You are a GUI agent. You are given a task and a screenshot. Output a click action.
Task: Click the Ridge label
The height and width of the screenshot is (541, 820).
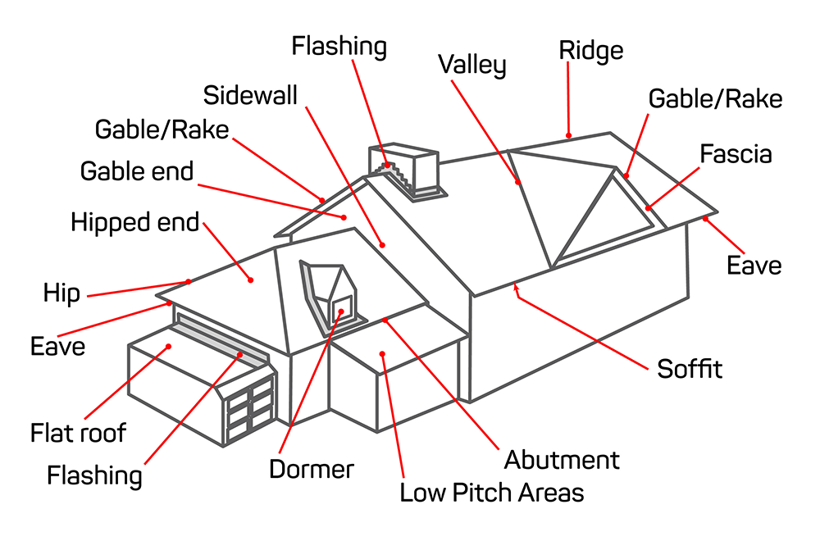point(590,50)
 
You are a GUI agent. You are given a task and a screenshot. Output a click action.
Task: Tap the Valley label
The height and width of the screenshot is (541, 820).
point(471,65)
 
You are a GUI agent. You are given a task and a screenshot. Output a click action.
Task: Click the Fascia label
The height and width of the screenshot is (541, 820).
point(736,154)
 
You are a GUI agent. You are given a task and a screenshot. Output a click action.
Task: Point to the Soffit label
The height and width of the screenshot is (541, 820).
point(690,369)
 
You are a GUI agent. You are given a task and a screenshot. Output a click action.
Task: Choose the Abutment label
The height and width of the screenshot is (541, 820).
point(562,460)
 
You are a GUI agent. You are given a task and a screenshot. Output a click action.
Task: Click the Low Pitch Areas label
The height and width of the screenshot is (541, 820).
point(491,493)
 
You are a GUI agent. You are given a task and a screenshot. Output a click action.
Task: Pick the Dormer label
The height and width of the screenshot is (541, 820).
point(312,469)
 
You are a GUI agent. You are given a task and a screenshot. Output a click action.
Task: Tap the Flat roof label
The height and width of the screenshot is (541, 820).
point(79,432)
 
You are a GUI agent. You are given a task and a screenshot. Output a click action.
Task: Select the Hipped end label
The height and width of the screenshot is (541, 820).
point(135,222)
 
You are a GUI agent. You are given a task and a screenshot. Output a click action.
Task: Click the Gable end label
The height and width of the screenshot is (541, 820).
point(137,171)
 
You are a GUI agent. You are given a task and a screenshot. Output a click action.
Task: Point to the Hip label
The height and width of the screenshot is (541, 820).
point(61,293)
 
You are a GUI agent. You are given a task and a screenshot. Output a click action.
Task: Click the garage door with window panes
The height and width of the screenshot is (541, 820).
point(250,407)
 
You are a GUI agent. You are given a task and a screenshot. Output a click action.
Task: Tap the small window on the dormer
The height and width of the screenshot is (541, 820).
point(342,309)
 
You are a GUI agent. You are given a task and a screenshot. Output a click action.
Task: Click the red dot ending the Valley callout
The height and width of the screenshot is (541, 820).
point(518,182)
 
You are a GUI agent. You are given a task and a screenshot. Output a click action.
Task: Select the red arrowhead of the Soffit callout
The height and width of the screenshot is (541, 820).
point(514,285)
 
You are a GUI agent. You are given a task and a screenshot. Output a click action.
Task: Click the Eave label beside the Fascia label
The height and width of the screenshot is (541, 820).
point(754,265)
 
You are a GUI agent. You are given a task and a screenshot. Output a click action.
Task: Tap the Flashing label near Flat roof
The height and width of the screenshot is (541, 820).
point(94,475)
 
